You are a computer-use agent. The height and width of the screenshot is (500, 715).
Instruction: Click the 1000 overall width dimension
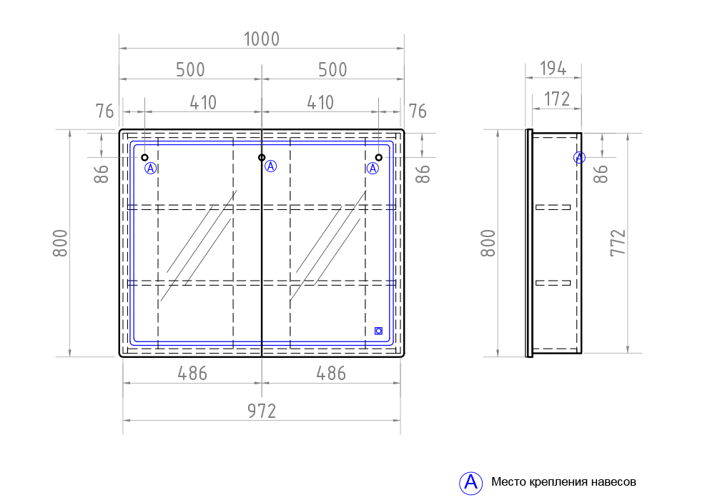261,39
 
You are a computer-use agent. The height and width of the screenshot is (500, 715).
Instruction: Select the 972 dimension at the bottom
262,411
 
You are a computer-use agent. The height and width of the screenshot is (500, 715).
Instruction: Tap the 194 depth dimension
553,69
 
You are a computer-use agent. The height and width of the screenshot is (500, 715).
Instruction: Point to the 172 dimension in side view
557,99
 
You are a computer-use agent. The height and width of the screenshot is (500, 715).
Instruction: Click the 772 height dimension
618,243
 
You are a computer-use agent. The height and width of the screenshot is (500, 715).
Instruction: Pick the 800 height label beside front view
60,243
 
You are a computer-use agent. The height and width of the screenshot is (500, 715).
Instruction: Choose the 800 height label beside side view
488,243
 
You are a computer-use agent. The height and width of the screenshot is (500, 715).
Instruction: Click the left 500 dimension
191,70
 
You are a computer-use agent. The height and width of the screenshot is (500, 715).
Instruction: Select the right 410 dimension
320,102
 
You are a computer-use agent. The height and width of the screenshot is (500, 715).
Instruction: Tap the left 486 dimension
192,374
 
